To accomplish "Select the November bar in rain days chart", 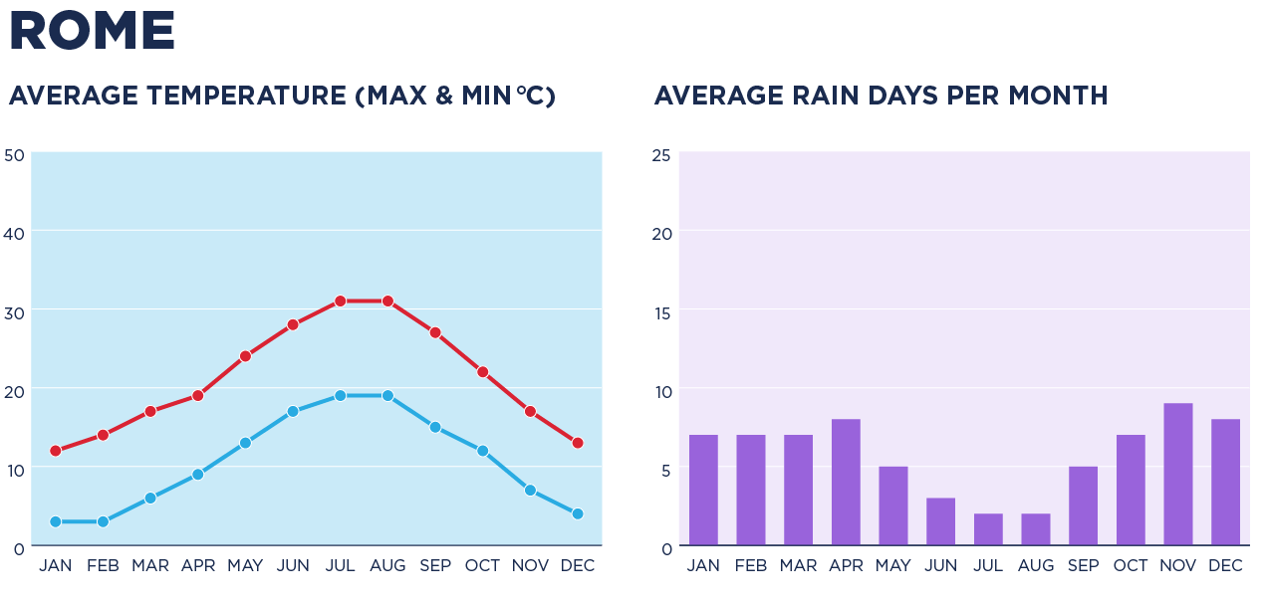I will tap(1177, 475).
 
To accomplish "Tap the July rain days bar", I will tap(988, 529).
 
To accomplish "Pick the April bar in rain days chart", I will tap(846, 483).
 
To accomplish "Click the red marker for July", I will tap(340, 301).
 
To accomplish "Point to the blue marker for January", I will tap(56, 521).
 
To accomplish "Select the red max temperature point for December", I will tap(578, 443).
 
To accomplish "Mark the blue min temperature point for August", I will tap(387, 395).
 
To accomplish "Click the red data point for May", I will tap(245, 355).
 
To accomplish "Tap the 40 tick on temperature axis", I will tap(14, 232).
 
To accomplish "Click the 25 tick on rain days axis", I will tap(661, 155).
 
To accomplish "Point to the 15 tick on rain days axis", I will tap(661, 311).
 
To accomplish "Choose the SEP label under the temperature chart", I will tap(434, 566).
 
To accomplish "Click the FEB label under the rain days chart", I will tap(751, 566).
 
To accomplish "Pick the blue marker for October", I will tap(482, 451).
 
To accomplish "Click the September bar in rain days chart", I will tap(1083, 505).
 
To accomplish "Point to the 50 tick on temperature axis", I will tap(14, 155).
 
